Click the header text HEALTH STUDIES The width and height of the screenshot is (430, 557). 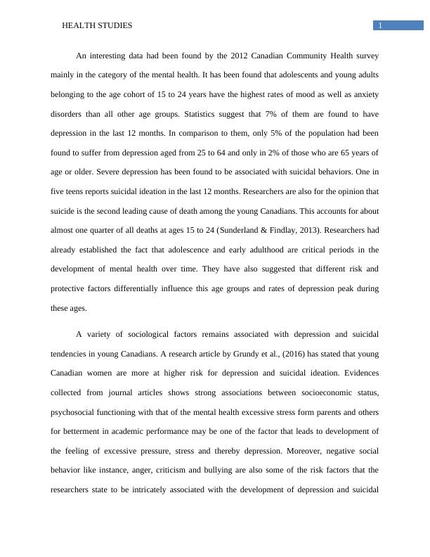click(x=97, y=25)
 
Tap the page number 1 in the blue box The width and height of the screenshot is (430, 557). click(x=380, y=26)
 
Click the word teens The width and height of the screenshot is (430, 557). click(x=79, y=191)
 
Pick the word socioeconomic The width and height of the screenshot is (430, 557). click(x=322, y=392)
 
